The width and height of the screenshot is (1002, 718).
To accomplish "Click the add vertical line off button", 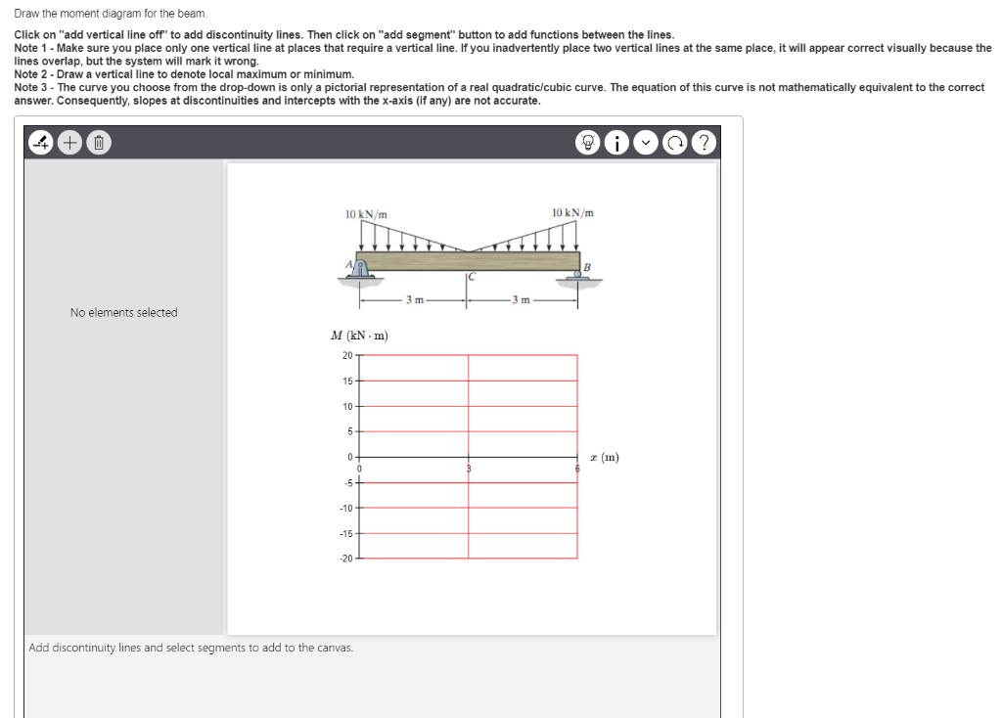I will pyautogui.click(x=42, y=142).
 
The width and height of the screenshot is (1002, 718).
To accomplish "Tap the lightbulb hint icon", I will pyautogui.click(x=589, y=142).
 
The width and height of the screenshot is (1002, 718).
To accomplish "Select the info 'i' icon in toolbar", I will pyautogui.click(x=617, y=142).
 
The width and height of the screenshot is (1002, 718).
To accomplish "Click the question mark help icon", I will pyautogui.click(x=703, y=142).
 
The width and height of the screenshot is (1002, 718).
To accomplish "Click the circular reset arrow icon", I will pyautogui.click(x=675, y=142).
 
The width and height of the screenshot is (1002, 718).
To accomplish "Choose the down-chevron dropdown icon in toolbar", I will pyautogui.click(x=646, y=142).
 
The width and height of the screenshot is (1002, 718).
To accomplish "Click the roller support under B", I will pyautogui.click(x=575, y=276).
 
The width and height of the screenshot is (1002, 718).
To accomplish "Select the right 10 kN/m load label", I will pyautogui.click(x=572, y=212).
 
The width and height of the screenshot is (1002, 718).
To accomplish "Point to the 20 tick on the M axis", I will pyautogui.click(x=346, y=355).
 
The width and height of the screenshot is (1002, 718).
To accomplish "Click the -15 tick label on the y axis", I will pyautogui.click(x=345, y=533).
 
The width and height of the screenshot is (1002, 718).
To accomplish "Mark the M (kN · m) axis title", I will pyautogui.click(x=360, y=336).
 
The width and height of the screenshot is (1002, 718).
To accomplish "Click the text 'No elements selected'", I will pyautogui.click(x=123, y=313).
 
